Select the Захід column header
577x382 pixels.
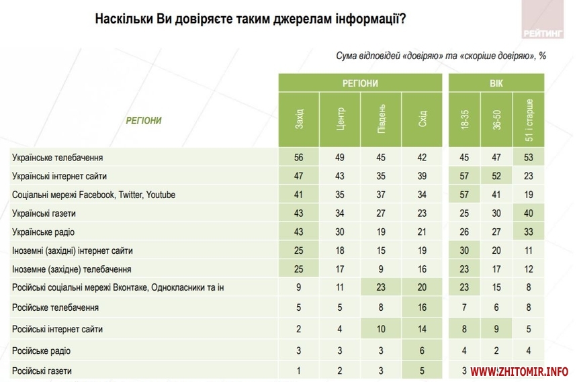click(299, 120)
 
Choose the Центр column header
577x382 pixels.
click(340, 120)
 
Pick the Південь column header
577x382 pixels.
click(381, 120)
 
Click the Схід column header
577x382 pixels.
click(422, 120)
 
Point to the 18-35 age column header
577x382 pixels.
click(465, 120)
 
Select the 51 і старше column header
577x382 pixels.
click(529, 120)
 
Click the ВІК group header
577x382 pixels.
click(497, 83)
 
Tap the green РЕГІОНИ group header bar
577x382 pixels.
click(360, 83)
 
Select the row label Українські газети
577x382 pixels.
click(46, 213)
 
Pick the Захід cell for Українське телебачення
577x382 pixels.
click(299, 158)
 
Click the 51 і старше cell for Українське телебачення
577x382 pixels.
click(529, 158)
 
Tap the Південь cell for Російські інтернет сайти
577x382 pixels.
click(381, 329)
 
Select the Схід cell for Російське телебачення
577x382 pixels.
click(422, 307)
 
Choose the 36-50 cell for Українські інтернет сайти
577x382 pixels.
click(497, 176)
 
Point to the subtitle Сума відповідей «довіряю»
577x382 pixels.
click(441, 56)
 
